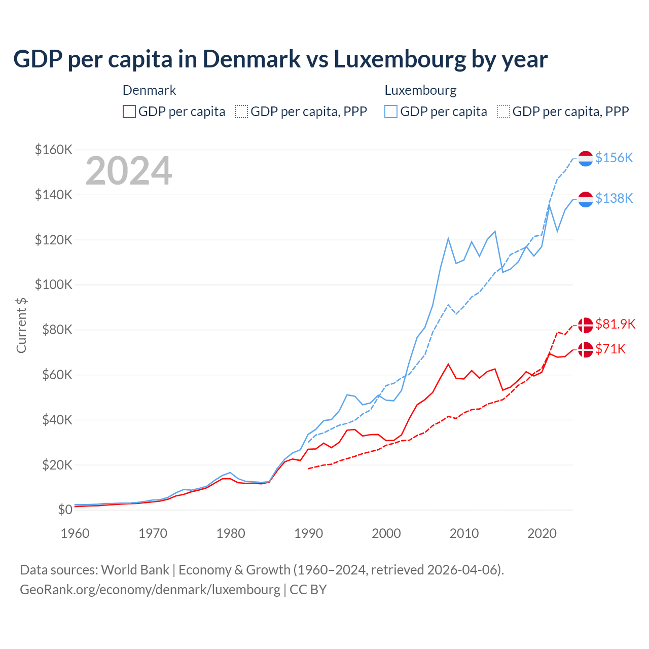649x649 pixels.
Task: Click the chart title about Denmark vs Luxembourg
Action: pyautogui.click(x=280, y=59)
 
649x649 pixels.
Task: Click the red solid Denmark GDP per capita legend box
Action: pyautogui.click(x=129, y=112)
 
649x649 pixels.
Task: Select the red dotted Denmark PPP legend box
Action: pyautogui.click(x=242, y=112)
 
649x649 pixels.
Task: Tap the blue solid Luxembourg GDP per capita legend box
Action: pyautogui.click(x=391, y=112)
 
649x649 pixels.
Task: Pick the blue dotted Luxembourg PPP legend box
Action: pyautogui.click(x=503, y=112)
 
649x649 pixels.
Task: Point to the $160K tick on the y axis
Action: pyautogui.click(x=53, y=150)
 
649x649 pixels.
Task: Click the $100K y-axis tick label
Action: pyautogui.click(x=53, y=284)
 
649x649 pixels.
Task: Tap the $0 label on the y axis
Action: pyautogui.click(x=65, y=510)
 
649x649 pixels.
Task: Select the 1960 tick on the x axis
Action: pyautogui.click(x=75, y=533)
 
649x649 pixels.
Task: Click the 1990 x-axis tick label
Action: pyautogui.click(x=308, y=533)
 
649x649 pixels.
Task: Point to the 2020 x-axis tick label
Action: pyautogui.click(x=542, y=533)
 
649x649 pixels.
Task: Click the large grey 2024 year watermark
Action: pyautogui.click(x=129, y=171)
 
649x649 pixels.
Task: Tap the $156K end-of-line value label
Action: pyautogui.click(x=614, y=158)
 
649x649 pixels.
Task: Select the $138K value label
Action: pyautogui.click(x=614, y=198)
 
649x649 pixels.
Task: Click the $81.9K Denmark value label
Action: pyautogui.click(x=615, y=324)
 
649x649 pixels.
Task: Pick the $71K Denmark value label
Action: pyautogui.click(x=610, y=349)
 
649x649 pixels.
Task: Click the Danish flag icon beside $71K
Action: pyautogui.click(x=586, y=349)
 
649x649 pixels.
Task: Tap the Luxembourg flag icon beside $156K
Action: pyautogui.click(x=586, y=158)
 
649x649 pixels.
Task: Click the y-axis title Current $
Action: pyautogui.click(x=21, y=326)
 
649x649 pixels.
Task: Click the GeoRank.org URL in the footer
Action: pyautogui.click(x=150, y=590)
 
